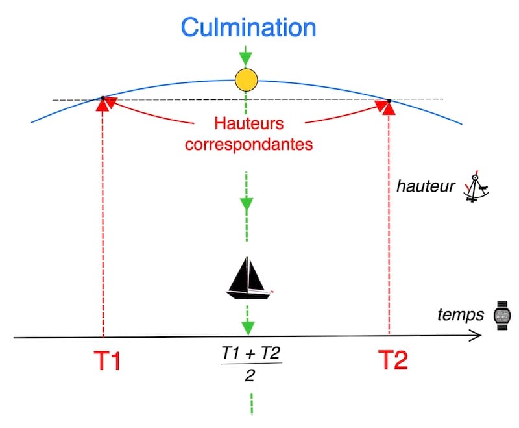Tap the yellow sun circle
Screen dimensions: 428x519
click(x=247, y=81)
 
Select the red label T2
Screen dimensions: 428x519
click(x=392, y=360)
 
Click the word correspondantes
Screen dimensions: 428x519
click(x=248, y=144)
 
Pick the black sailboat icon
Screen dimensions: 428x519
click(x=248, y=279)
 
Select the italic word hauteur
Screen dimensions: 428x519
click(x=426, y=188)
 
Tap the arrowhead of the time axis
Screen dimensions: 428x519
click(x=476, y=336)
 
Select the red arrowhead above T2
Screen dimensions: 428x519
click(x=389, y=107)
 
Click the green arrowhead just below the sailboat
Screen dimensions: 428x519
click(x=247, y=325)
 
